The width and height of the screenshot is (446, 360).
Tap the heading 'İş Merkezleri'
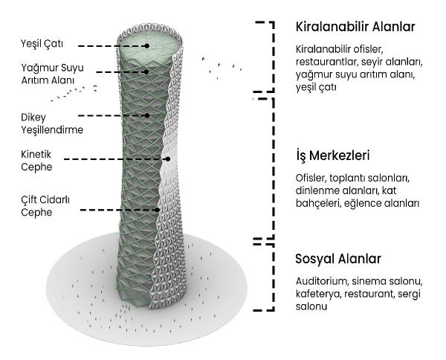click(332, 156)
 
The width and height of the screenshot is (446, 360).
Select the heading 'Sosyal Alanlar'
click(338, 259)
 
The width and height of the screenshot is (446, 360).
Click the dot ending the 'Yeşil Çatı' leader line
click(148, 45)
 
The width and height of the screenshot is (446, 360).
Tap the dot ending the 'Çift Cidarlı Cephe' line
click(158, 209)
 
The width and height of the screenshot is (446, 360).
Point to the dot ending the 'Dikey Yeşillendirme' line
click(149, 115)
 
